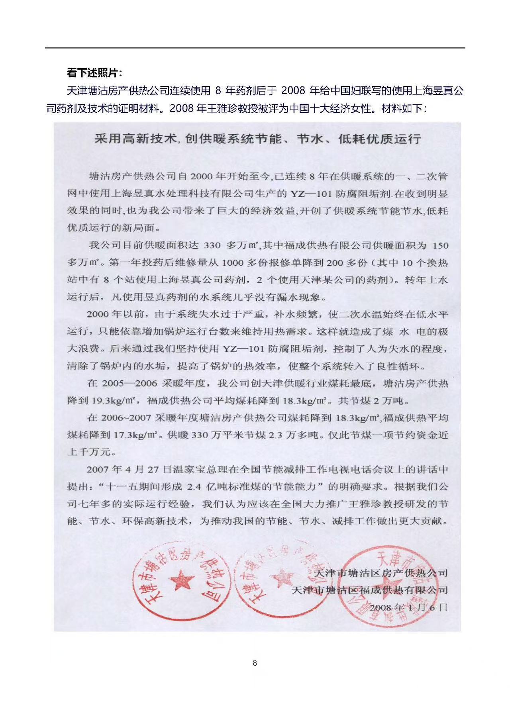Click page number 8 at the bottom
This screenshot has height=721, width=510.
[x=255, y=663]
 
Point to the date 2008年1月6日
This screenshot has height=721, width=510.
[x=408, y=607]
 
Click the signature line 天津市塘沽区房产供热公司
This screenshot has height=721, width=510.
[x=381, y=573]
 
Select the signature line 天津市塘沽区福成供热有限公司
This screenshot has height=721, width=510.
[x=370, y=590]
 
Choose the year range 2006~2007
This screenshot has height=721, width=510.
[x=126, y=418]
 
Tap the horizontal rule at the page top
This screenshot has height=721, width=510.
[x=255, y=48]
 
